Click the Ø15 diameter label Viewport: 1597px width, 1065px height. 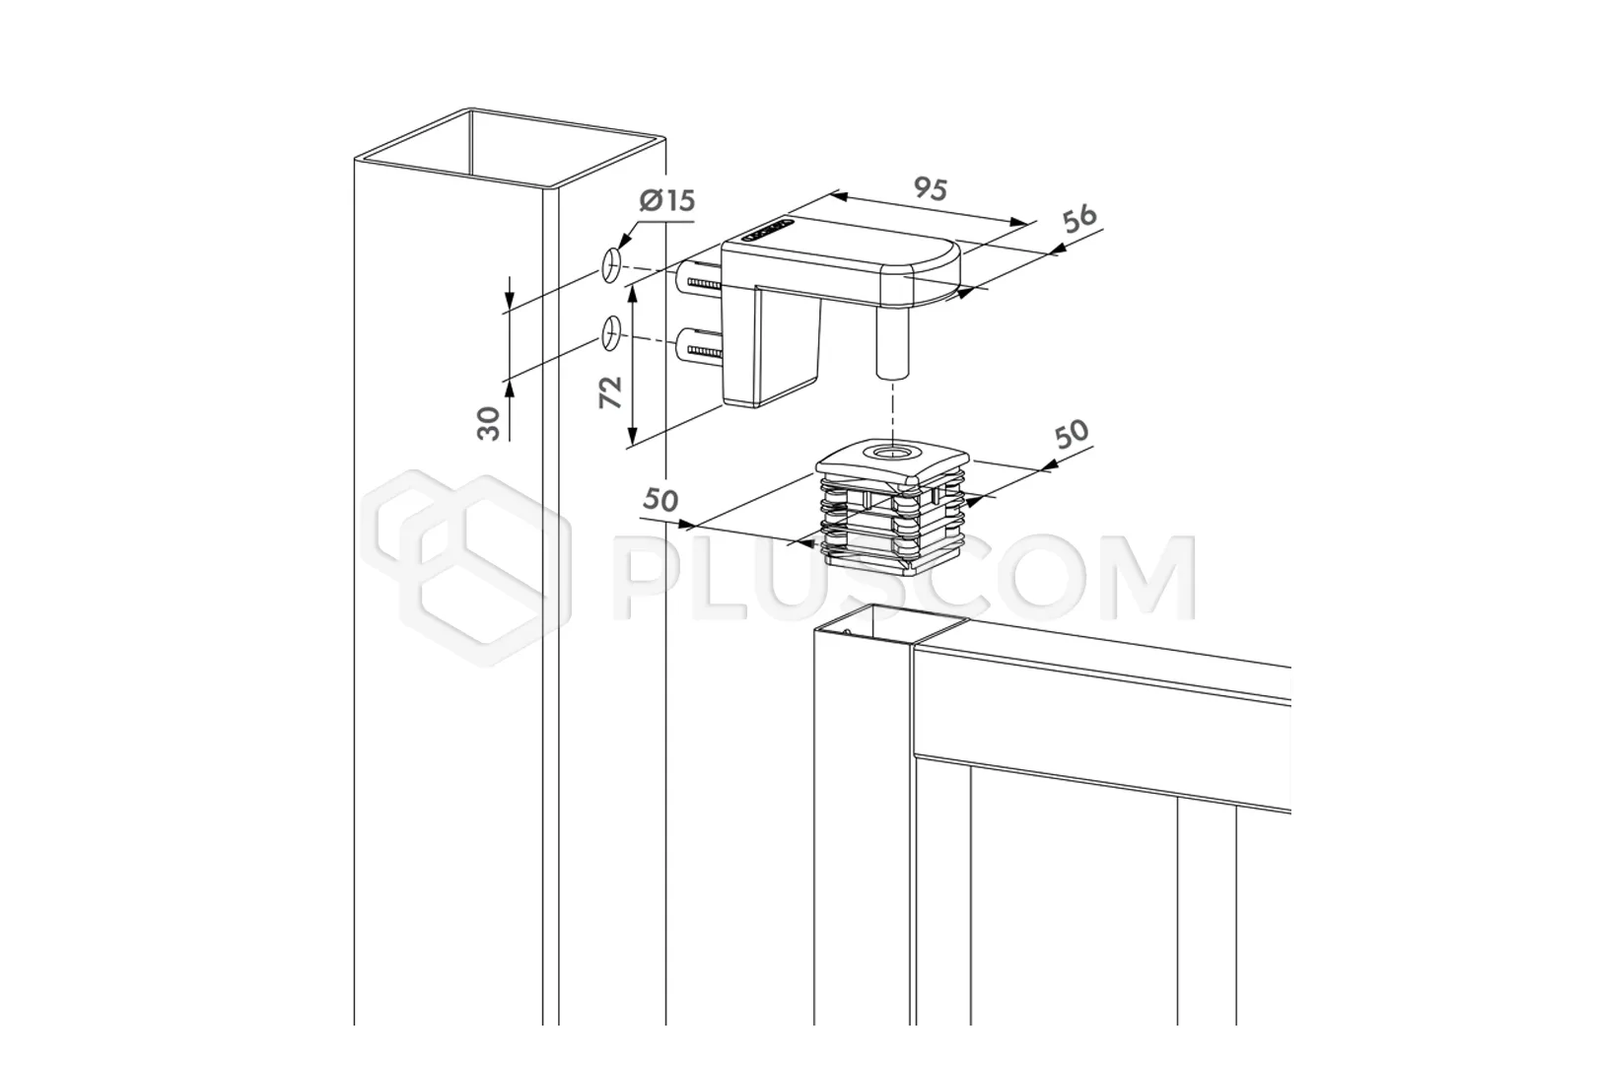[x=667, y=200]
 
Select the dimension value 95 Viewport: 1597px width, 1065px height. [x=931, y=188]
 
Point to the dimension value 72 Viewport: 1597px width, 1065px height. [x=611, y=391]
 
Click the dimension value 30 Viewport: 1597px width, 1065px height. [x=488, y=423]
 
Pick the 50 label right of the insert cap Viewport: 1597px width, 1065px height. [x=1072, y=434]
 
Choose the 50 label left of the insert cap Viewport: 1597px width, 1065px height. [x=660, y=500]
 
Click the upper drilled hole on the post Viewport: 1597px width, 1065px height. [x=612, y=266]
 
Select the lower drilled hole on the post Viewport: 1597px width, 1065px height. [x=612, y=333]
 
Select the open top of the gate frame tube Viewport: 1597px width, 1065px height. [x=891, y=622]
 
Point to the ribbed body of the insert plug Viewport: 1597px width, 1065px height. [x=892, y=523]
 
